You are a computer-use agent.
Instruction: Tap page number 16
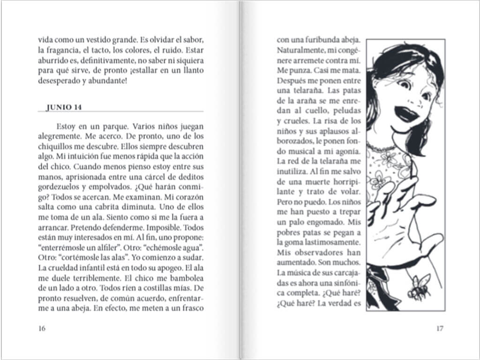42,328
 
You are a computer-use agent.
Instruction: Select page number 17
439,328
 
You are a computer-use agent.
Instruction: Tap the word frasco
192,308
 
